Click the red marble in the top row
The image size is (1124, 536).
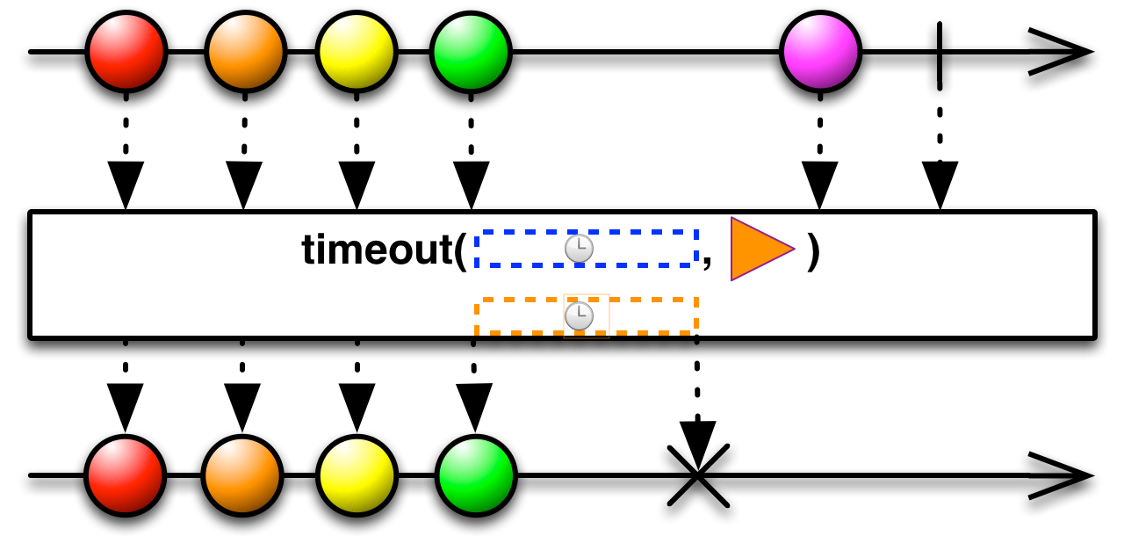126,51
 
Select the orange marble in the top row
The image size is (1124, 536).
246,51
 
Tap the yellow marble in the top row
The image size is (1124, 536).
357,51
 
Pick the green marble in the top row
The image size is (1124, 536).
471,52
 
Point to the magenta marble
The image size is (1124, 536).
820,51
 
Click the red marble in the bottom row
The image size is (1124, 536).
126,475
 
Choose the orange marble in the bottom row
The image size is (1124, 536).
242,475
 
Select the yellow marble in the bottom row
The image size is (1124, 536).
357,475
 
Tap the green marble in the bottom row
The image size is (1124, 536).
476,475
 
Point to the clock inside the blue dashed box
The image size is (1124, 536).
579,249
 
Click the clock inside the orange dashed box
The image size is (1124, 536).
579,315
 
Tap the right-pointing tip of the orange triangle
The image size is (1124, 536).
793,250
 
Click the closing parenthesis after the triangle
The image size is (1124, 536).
813,250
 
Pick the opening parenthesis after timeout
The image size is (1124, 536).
459,250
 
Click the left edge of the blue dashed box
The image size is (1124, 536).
477,249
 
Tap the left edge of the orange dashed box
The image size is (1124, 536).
477,316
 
